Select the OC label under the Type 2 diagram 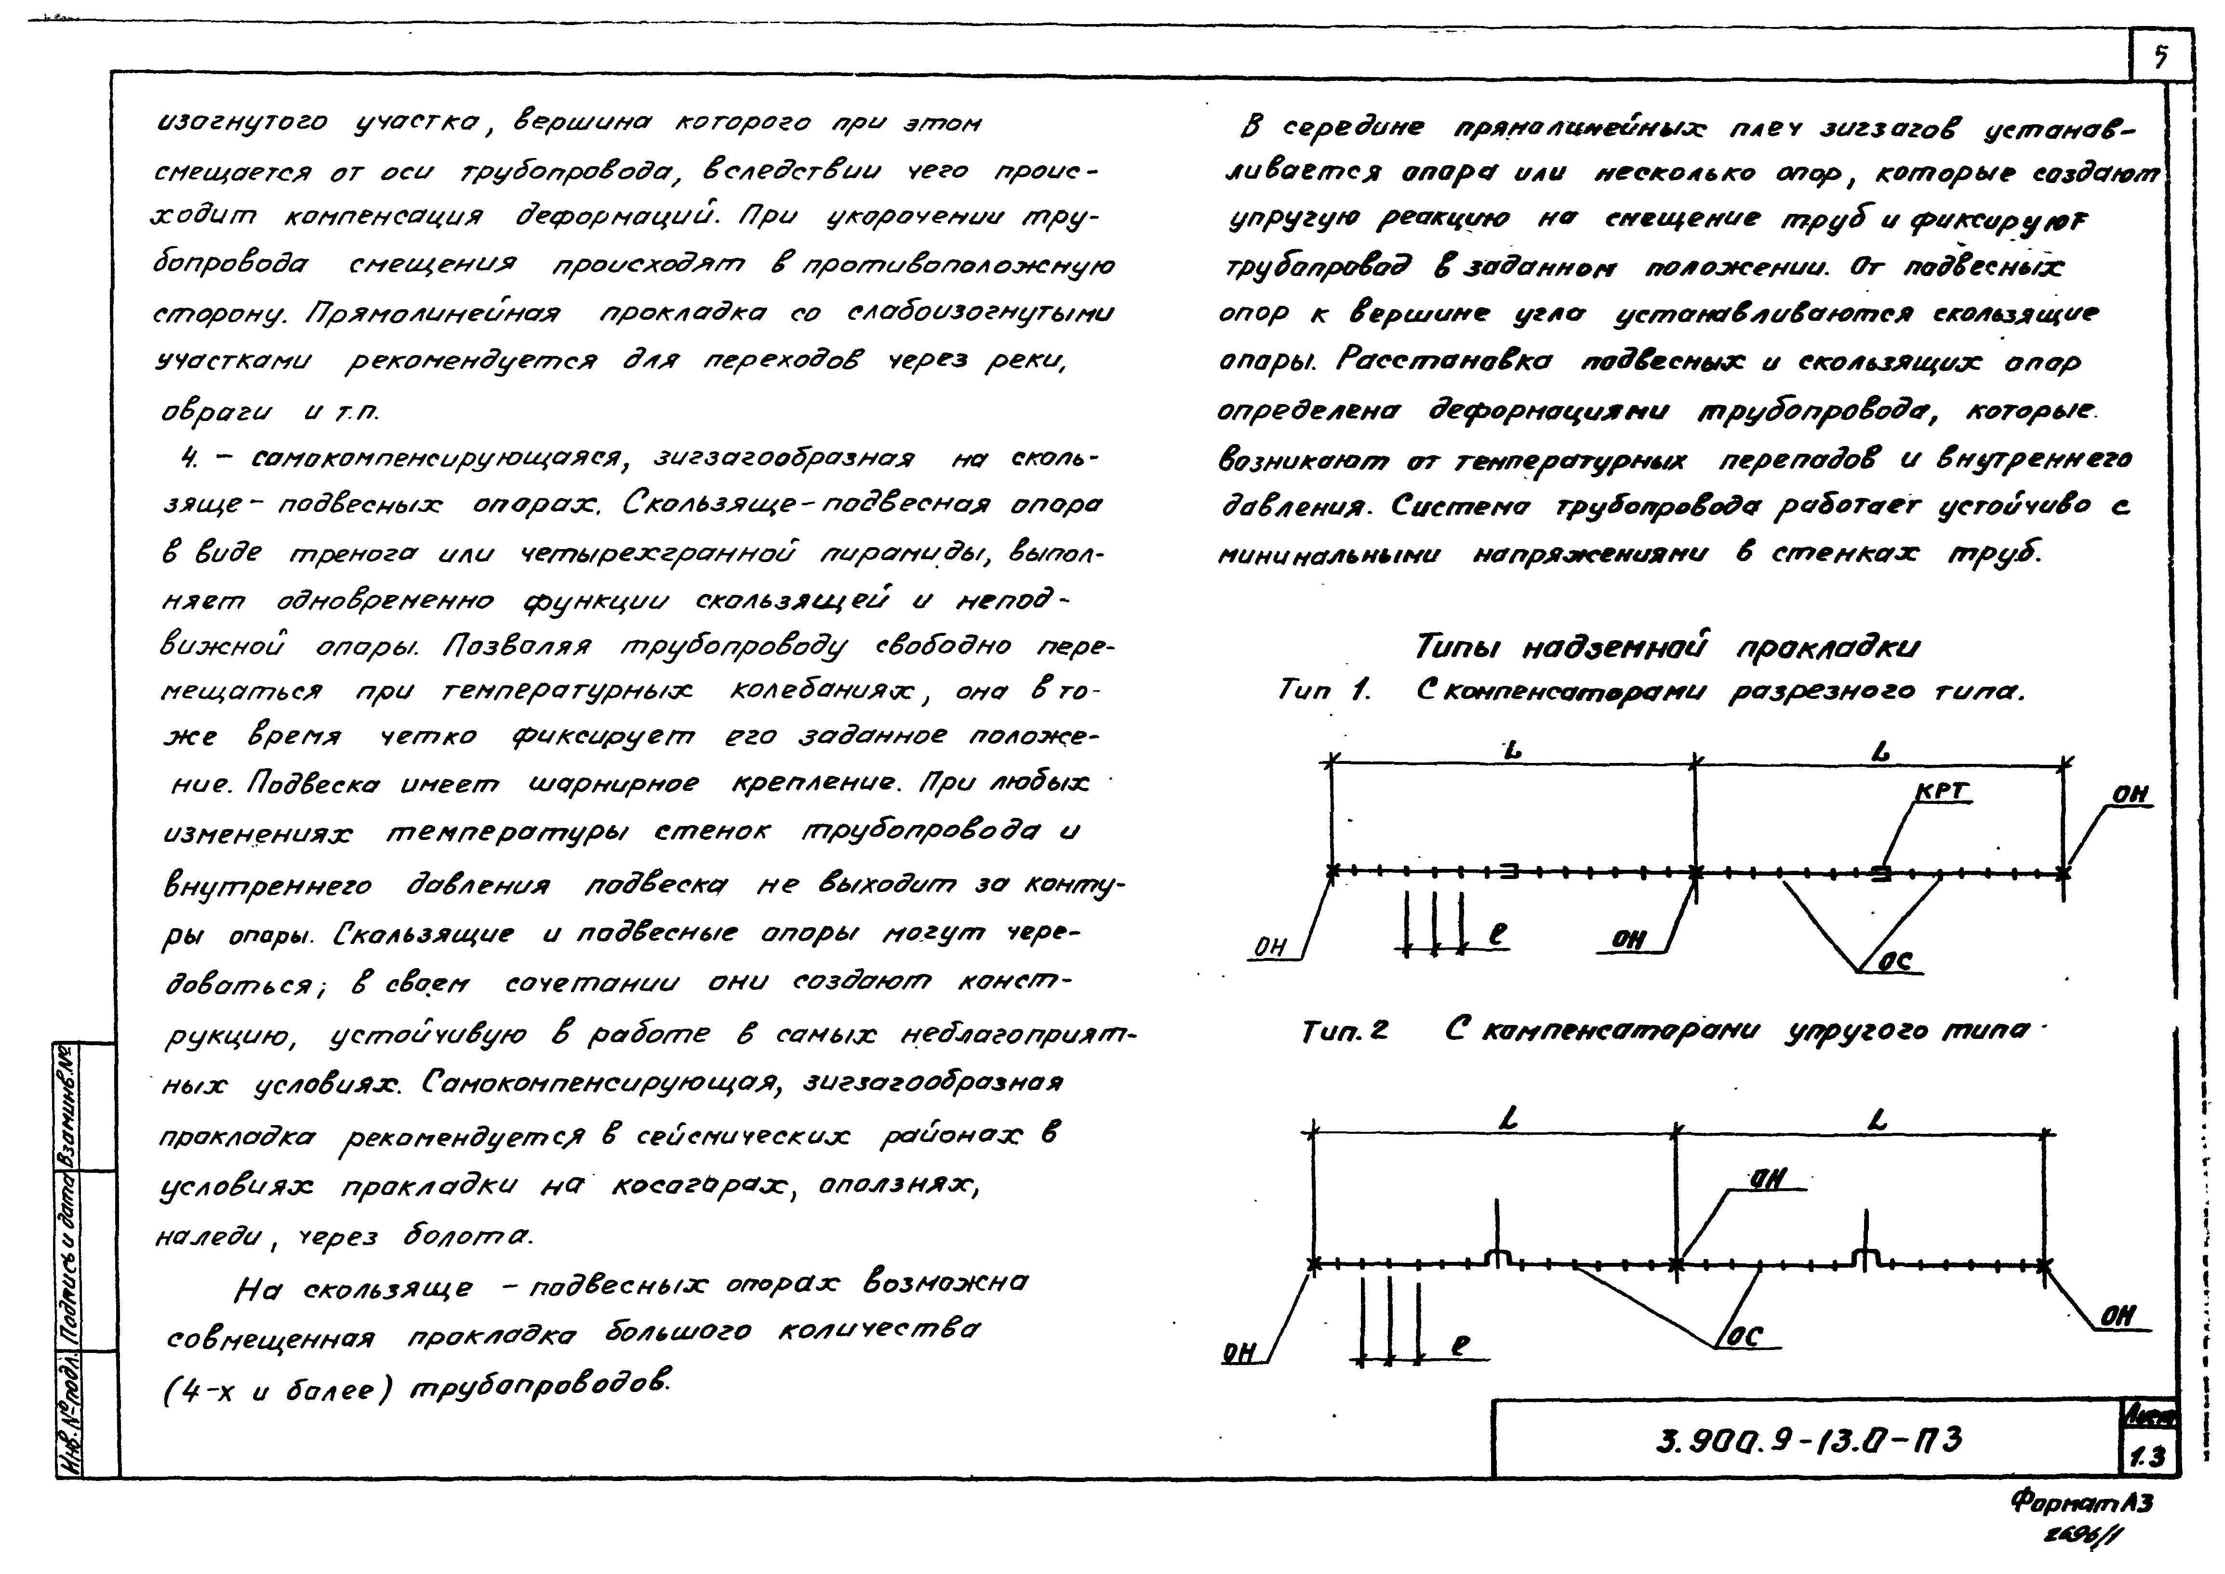[1753, 1337]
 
